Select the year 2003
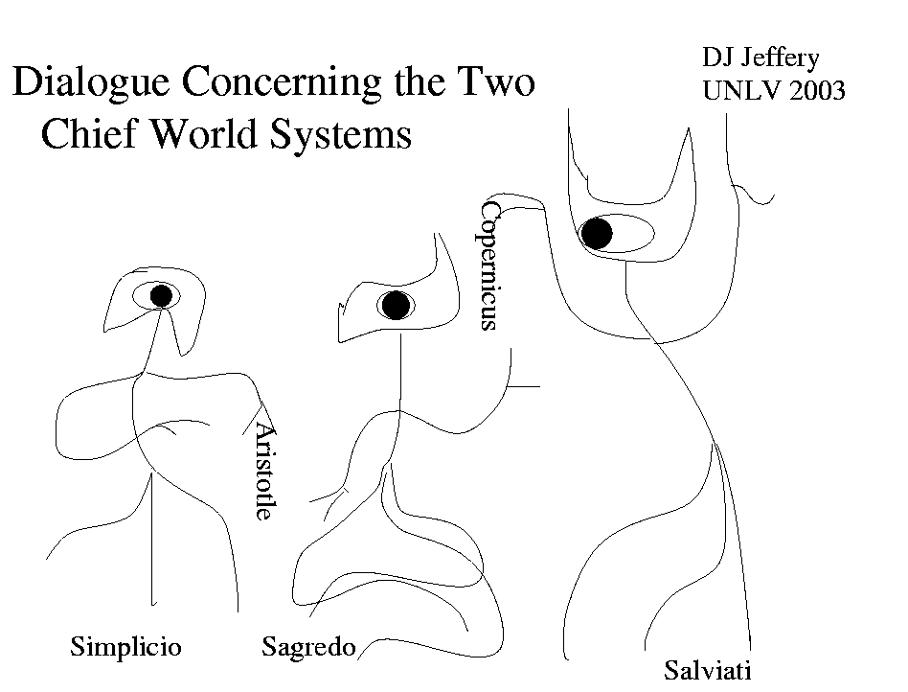pos(813,91)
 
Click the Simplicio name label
pos(125,647)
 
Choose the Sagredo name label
pos(308,648)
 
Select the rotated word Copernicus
pos(490,265)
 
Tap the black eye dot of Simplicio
pos(161,295)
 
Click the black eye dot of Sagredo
pos(396,306)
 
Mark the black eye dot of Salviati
pos(597,233)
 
